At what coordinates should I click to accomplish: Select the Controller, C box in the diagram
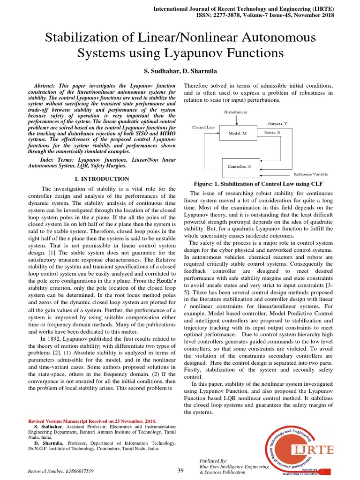pyautogui.click(x=240, y=166)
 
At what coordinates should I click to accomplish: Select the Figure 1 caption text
pyautogui.click(x=258, y=183)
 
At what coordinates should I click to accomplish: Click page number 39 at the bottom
pyautogui.click(x=180, y=470)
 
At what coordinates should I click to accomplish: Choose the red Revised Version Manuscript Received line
pyautogui.click(x=92, y=421)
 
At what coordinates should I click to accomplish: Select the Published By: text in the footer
pyautogui.click(x=213, y=461)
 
